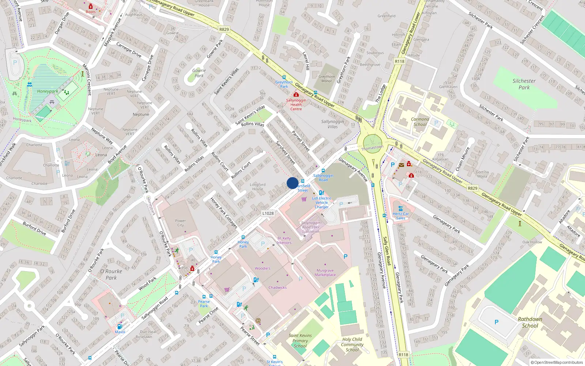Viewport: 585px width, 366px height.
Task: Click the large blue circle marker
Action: point(292,183)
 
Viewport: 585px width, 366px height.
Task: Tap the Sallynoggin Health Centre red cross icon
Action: point(296,94)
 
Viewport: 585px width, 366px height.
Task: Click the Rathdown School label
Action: point(530,322)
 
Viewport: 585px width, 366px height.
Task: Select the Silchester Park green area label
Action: point(524,84)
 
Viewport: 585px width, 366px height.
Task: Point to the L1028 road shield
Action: point(268,213)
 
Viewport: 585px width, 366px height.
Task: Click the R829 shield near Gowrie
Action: point(224,30)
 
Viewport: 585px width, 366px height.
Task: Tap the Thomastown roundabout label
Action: point(372,148)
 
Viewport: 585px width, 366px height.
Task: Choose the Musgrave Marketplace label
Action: point(325,273)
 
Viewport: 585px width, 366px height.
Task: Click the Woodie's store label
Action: point(263,268)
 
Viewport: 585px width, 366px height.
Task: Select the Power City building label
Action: point(180,223)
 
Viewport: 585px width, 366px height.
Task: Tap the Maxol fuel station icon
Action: point(120,327)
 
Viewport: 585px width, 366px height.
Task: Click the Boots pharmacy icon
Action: point(91,7)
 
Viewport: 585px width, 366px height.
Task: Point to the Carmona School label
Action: point(420,122)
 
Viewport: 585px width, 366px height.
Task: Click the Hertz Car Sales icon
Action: point(400,209)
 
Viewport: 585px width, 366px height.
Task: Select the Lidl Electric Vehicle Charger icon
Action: point(321,193)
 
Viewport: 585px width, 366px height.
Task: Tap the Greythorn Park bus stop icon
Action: point(284,78)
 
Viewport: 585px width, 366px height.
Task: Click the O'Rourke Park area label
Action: point(111,274)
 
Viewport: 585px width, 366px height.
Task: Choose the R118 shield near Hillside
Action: point(400,61)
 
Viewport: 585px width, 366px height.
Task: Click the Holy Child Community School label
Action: point(352,344)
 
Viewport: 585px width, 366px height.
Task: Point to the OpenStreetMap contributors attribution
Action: point(556,362)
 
